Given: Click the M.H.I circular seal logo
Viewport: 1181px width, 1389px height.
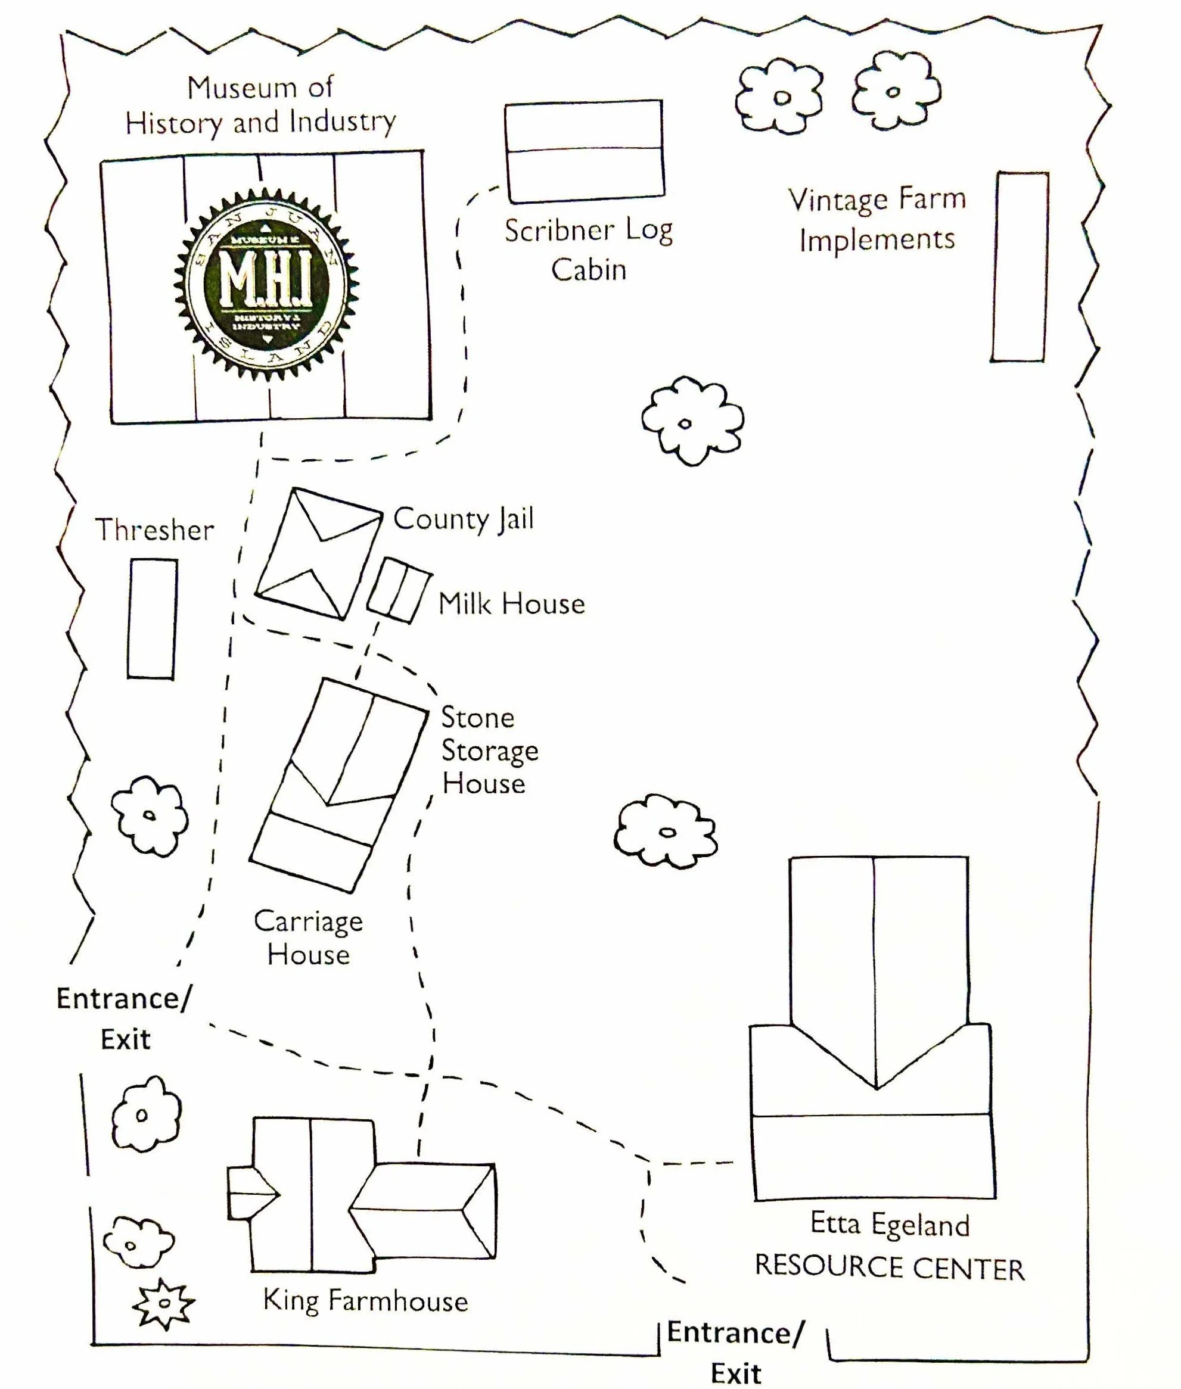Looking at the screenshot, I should pos(267,284).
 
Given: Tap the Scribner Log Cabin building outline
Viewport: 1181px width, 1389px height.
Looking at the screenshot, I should pos(584,151).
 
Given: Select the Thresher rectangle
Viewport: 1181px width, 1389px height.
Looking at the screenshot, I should pos(153,618).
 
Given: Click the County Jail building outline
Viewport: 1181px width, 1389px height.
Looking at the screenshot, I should pos(318,553).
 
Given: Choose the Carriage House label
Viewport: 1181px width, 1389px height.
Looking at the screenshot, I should pos(308,938).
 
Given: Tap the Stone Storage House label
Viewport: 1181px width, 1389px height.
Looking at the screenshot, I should pos(489,750).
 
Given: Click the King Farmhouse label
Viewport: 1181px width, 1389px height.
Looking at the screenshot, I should pos(365,1301).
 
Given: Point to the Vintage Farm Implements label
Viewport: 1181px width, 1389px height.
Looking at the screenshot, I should pos(877,219).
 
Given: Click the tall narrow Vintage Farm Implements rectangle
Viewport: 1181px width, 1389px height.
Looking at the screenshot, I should pos(1020,266).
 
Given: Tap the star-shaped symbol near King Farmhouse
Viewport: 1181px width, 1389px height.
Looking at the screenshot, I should pos(163,1302).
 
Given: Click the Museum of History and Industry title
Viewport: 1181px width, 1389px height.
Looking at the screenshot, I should pos(260,105).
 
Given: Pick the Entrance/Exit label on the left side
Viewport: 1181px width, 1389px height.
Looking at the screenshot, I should pos(125,1018).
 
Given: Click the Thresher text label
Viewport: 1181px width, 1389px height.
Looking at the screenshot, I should pos(155,531).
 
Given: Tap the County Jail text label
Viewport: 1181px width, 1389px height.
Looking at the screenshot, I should pos(464,519).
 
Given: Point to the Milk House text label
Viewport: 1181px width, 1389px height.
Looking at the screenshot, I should pos(511,604).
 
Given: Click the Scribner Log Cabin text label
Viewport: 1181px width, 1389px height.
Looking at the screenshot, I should pos(589,250).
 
